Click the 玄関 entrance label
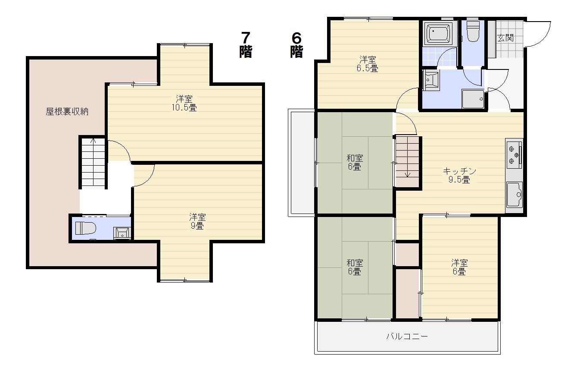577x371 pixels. click(505, 38)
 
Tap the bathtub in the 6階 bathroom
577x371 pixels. click(438, 33)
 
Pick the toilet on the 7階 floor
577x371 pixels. click(85, 228)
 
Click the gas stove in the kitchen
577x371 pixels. click(515, 154)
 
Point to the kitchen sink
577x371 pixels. click(515, 195)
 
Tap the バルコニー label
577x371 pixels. click(407, 336)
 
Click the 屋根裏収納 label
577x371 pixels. click(67, 111)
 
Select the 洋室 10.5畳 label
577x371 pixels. click(184, 103)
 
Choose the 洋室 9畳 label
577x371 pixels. click(197, 221)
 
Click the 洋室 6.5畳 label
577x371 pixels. click(368, 64)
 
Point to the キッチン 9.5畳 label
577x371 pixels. click(459, 175)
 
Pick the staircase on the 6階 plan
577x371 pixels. click(407, 162)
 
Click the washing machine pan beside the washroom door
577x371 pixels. click(473, 99)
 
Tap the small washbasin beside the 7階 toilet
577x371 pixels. click(122, 233)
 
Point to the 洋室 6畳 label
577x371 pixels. click(459, 267)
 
